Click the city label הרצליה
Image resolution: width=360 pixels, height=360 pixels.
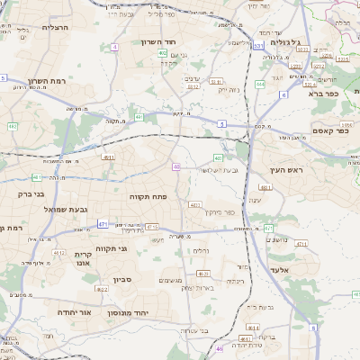35,28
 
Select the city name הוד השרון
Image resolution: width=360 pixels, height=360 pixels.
162,41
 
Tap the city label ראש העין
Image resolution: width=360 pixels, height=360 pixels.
286,170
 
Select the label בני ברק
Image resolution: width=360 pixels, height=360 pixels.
30,193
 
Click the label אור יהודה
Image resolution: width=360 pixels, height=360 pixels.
74,311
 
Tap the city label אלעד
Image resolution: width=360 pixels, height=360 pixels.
278,269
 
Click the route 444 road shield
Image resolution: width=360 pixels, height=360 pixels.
260,84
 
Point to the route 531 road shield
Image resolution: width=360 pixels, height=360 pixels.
258,45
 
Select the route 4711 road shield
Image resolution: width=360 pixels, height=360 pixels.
301,243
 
